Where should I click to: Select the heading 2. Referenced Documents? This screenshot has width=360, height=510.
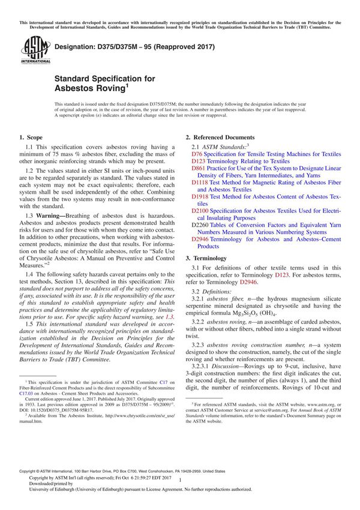tap(220, 137)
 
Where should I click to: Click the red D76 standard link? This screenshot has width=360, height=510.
tap(196, 154)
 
